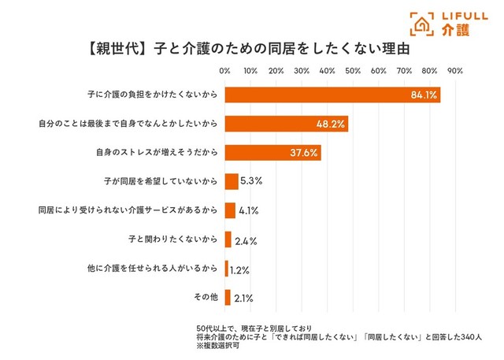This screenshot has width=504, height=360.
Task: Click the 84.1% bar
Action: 332,95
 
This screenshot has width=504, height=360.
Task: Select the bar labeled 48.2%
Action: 286,124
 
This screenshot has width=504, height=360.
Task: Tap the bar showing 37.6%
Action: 272,153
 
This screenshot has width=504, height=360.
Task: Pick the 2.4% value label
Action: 246,240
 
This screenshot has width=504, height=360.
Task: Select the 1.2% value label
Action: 239,269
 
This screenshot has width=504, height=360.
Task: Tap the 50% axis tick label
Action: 352,71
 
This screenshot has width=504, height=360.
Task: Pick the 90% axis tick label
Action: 454,71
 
